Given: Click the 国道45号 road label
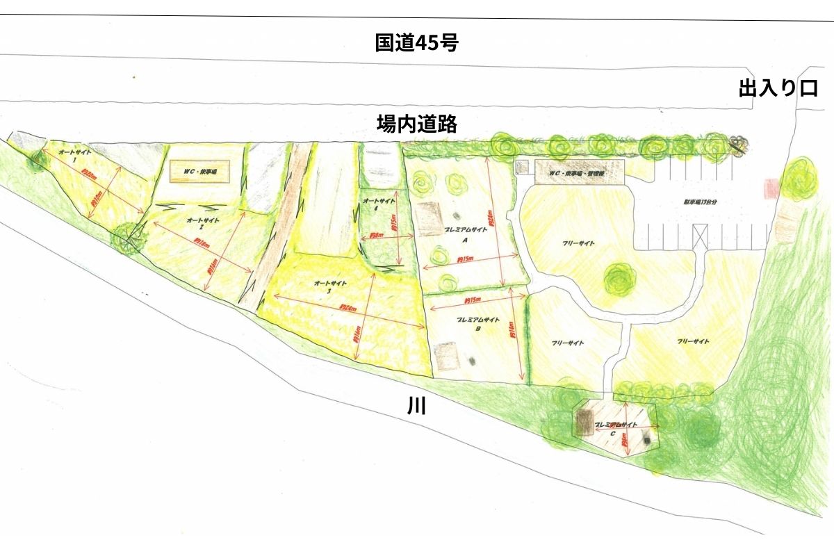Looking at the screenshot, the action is tap(416, 43).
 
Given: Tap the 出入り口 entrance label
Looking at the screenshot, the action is tap(778, 89).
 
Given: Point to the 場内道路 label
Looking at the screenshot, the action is tap(416, 124).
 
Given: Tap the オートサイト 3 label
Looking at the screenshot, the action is tap(328, 286).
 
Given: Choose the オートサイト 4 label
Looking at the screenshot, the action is tap(379, 204).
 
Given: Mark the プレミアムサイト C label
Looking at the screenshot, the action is tap(615, 427).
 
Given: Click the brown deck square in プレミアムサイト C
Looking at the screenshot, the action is tap(584, 420).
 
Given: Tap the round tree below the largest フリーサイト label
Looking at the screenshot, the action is tap(619, 279).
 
